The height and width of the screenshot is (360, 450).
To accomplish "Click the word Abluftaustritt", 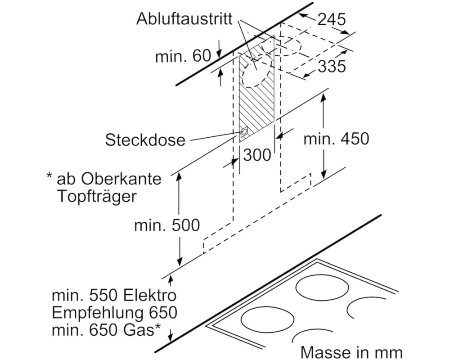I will [x=184, y=19].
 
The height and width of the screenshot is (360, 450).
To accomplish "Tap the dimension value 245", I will [x=332, y=19].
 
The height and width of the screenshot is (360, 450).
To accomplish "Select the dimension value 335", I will [x=332, y=67].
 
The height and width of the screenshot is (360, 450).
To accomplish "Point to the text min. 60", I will [x=183, y=56].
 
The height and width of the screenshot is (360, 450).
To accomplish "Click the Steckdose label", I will [x=145, y=140].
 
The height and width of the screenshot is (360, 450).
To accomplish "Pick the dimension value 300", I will [x=257, y=155].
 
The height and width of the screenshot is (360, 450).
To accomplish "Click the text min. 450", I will [x=336, y=139].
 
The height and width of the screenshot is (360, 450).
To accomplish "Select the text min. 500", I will [x=167, y=225].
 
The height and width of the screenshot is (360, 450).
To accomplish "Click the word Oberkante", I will [x=121, y=179].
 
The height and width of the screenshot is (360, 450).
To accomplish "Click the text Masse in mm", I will [x=351, y=351].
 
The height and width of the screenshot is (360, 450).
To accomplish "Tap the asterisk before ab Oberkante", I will [x=49, y=175].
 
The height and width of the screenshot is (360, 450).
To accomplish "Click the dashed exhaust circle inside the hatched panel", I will [x=256, y=73].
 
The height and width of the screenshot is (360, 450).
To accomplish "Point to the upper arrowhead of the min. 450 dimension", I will [x=323, y=99].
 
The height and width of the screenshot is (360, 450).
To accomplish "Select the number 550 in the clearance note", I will [x=104, y=296].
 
